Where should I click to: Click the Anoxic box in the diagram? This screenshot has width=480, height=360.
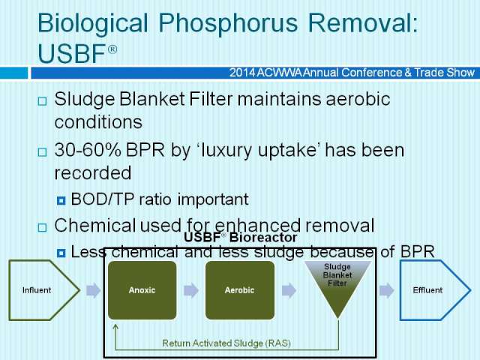[x=142, y=290]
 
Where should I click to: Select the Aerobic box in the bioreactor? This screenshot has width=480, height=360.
[x=240, y=290]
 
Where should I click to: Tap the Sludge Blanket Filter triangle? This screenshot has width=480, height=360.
[x=337, y=285]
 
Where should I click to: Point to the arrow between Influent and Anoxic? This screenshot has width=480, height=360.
[x=93, y=290]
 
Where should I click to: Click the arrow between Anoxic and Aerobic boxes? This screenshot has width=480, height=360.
[x=191, y=290]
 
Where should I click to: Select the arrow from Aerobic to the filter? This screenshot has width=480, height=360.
[x=289, y=290]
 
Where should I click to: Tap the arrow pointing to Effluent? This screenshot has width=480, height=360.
[x=387, y=290]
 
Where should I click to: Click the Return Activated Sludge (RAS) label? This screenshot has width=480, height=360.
[x=226, y=343]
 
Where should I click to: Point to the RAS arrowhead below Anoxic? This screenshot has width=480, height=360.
[x=115, y=327]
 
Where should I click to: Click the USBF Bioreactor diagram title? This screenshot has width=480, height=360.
[x=241, y=237]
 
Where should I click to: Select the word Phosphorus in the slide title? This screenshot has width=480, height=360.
[x=228, y=24]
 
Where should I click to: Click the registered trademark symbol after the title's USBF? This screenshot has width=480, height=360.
[x=112, y=49]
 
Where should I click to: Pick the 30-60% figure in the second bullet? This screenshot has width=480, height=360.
[x=88, y=150]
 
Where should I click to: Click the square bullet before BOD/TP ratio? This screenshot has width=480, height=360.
[x=61, y=200]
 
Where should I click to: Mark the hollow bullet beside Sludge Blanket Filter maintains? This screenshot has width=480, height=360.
[x=42, y=101]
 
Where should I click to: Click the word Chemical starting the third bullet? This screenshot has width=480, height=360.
[x=95, y=226]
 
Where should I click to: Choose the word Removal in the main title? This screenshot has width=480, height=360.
[x=362, y=23]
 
